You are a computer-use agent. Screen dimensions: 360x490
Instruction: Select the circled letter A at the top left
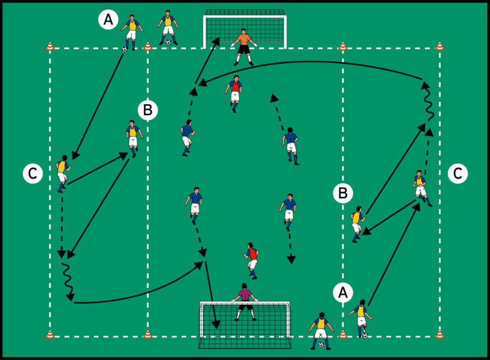(107, 20)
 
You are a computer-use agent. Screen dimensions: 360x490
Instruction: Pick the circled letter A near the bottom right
(342, 292)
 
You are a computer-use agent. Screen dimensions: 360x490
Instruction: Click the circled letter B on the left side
(148, 110)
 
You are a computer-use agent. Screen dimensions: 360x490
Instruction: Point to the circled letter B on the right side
(342, 193)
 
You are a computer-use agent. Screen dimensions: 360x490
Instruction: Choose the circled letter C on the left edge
(32, 174)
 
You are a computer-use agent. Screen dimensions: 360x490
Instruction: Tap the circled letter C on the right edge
(457, 173)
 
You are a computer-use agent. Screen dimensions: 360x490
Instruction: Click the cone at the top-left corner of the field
(50, 46)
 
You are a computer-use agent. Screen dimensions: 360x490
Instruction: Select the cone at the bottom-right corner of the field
(440, 334)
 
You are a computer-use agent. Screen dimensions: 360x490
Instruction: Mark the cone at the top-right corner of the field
(440, 46)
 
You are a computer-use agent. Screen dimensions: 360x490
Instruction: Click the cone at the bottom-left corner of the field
(50, 334)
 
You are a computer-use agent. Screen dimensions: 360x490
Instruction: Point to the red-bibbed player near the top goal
(235, 92)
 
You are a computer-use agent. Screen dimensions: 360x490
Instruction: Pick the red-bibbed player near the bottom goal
(252, 260)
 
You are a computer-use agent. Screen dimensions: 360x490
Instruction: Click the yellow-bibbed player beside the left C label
(62, 173)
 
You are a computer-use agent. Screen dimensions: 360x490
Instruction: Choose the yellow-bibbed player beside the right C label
(420, 186)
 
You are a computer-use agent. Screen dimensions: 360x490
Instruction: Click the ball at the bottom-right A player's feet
(365, 335)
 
